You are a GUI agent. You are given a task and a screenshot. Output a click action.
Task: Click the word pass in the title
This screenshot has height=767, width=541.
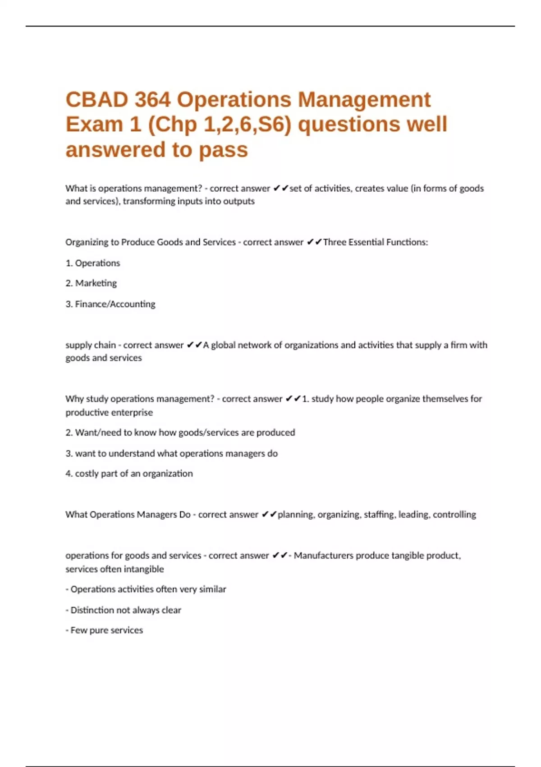pyautogui.click(x=224, y=150)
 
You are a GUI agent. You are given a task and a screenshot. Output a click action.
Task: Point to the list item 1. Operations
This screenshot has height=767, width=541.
pyautogui.click(x=93, y=263)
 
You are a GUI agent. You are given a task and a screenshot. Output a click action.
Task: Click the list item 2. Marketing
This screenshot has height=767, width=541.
pyautogui.click(x=91, y=283)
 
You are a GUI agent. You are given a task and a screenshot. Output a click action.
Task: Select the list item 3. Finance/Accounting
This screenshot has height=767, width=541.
pyautogui.click(x=110, y=304)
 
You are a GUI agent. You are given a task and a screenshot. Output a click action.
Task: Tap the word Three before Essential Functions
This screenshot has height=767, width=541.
pyautogui.click(x=334, y=242)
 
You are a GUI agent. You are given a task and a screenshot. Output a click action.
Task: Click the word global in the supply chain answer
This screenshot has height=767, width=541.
pyautogui.click(x=223, y=345)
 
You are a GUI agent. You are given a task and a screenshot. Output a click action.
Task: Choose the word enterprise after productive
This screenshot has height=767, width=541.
pyautogui.click(x=131, y=412)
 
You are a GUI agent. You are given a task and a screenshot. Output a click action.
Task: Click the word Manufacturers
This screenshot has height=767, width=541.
pyautogui.click(x=323, y=556)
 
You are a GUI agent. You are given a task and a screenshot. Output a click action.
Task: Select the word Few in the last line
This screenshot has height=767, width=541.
pyautogui.click(x=78, y=630)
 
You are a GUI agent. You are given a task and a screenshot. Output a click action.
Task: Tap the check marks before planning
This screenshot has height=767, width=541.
pyautogui.click(x=269, y=515)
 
